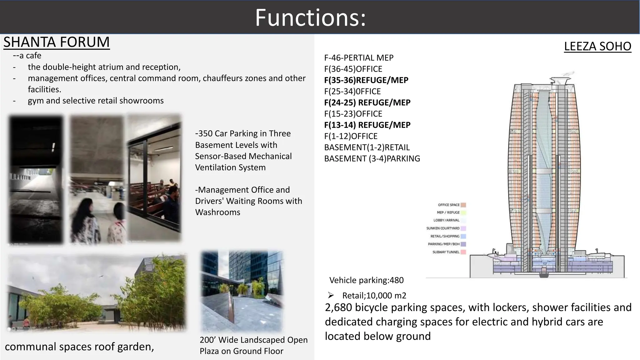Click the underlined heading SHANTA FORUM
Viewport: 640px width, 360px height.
coord(57,42)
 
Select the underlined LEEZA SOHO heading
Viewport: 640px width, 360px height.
coord(597,46)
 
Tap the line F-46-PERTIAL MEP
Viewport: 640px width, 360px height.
coord(359,58)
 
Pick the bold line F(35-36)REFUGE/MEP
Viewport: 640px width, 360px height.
coord(366,80)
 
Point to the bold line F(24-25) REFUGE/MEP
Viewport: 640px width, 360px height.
coord(367,102)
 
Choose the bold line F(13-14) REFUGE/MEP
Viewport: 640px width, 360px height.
coord(367,125)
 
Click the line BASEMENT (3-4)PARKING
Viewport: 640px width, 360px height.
coord(372,159)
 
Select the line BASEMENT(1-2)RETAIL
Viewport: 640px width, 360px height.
coord(367,147)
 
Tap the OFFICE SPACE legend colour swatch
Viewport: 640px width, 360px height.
coord(463,205)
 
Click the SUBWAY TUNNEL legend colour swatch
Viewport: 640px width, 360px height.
coord(463,252)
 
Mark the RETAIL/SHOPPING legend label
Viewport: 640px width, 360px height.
coord(445,236)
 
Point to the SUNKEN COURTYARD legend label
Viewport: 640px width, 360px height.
coord(443,228)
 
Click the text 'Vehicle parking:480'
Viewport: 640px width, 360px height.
coord(366,280)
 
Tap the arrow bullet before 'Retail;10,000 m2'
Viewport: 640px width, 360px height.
coord(331,295)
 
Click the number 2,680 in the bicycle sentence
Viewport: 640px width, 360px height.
coord(338,307)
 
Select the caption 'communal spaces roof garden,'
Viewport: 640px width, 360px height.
coord(79,347)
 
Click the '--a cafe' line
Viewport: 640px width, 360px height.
coord(27,56)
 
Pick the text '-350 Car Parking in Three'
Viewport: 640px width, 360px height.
coord(243,133)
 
